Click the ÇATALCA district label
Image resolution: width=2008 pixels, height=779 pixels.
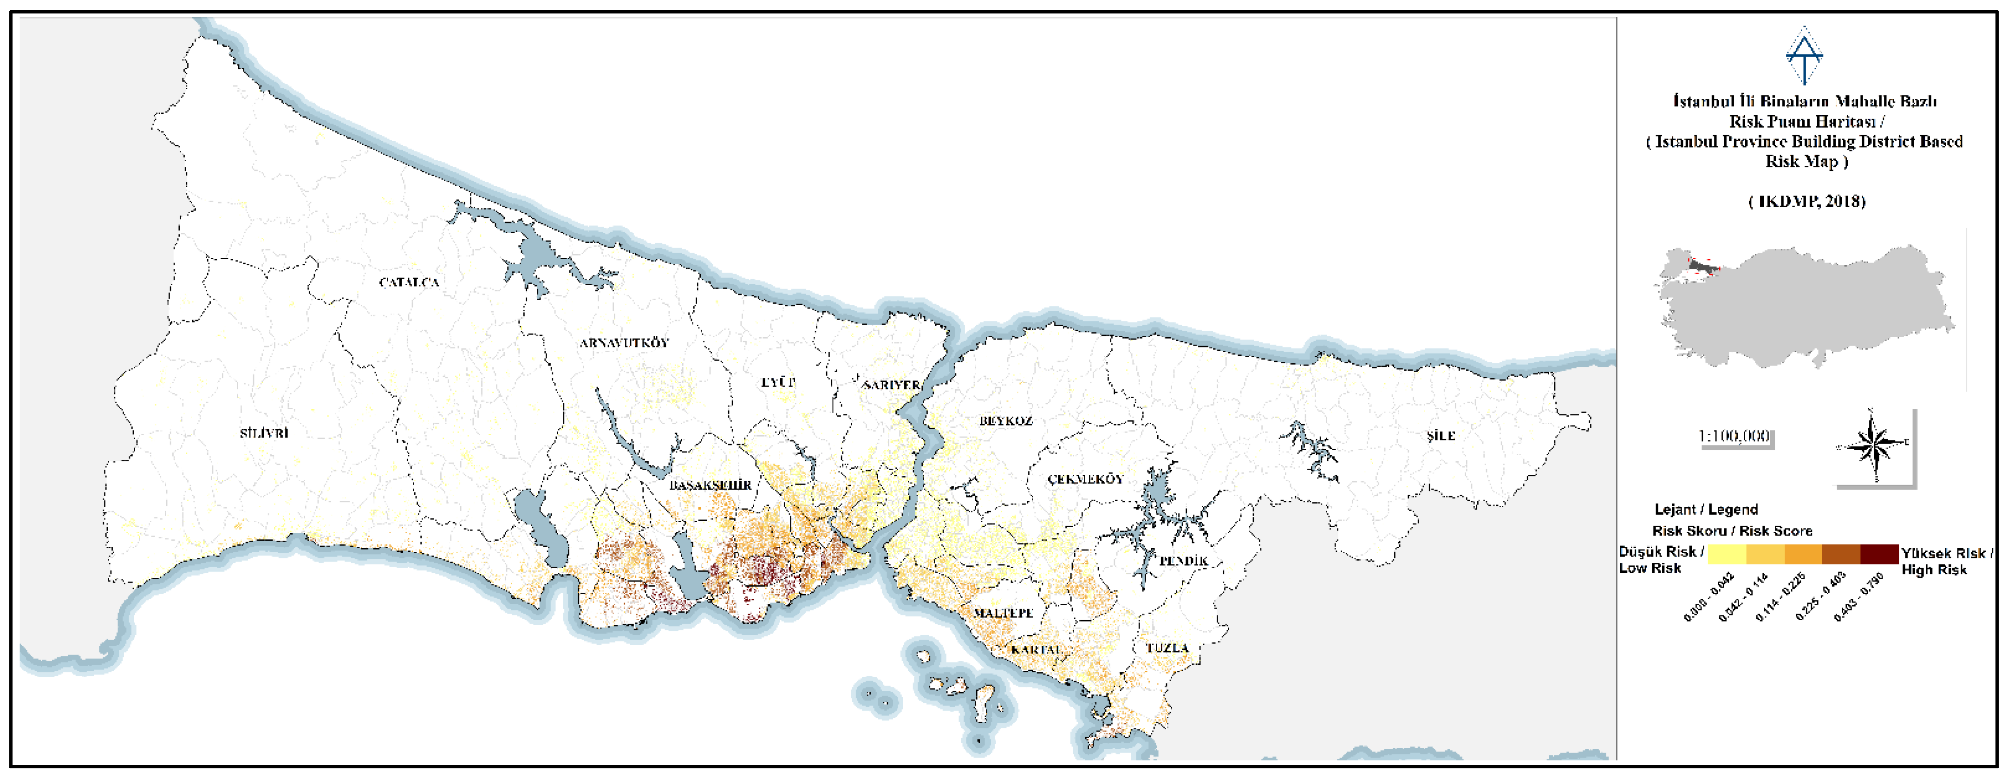point(409,282)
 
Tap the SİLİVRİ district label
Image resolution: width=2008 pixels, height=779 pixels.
point(264,433)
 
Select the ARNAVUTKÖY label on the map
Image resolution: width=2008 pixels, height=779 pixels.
point(624,343)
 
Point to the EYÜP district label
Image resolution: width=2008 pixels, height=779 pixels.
point(778,382)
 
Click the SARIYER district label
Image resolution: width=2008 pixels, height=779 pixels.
point(892,385)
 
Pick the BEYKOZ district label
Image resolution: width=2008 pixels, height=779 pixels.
point(1005,421)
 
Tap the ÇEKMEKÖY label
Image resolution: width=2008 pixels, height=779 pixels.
point(1085,479)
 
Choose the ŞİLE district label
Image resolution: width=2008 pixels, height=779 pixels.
point(1441,436)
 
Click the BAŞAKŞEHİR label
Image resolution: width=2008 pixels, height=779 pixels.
point(710,485)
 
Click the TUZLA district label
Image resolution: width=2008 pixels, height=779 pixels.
point(1167,648)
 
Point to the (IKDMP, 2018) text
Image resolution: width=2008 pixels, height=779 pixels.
point(1806,201)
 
